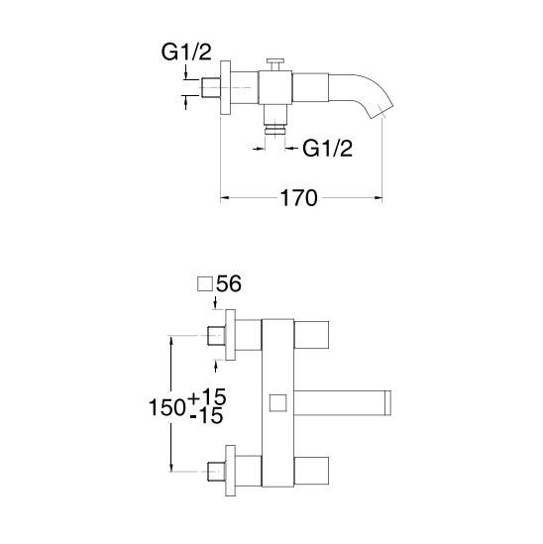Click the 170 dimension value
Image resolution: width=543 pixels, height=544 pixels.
pos(298,198)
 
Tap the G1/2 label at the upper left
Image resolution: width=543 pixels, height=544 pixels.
pos(186,53)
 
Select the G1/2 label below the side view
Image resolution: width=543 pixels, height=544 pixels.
pos(327,149)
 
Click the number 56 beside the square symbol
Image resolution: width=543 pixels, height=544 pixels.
pos(229,283)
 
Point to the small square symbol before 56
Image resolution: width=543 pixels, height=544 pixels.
pos(205,284)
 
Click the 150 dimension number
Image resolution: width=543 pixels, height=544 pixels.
pos(167,407)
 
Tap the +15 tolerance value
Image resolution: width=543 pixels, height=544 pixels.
pos(207,396)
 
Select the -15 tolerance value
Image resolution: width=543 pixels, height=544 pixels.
pos(206,415)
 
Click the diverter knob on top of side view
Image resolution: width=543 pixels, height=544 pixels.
pos(275,63)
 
